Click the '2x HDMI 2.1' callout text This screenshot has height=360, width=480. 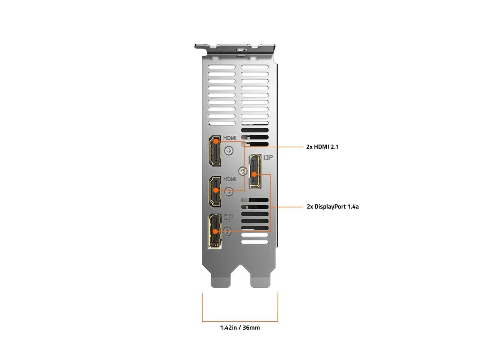coord(322,147)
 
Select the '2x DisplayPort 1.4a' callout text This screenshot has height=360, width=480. coord(332,207)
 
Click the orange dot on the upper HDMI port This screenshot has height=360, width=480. coord(216,141)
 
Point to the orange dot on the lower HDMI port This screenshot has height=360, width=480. coord(216,190)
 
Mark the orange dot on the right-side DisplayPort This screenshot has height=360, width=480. coord(254,174)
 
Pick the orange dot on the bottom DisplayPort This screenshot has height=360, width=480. coord(215,231)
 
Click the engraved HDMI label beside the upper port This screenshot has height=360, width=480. coord(230,138)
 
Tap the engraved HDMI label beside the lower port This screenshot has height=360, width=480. coord(230,179)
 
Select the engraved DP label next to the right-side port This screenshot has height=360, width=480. coord(268,157)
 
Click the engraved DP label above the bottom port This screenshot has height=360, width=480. coord(228,217)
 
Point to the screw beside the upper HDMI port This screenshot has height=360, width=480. coord(229,151)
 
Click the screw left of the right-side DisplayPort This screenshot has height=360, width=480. coord(243,171)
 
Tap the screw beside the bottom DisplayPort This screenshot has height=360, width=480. coord(227,231)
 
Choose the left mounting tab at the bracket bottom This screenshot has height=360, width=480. coord(220,282)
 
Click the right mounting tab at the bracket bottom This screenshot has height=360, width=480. coord(261,282)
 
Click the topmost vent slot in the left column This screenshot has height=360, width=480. coord(222,67)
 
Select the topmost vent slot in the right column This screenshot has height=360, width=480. coord(255,67)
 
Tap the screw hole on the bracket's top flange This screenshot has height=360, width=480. coord(242,49)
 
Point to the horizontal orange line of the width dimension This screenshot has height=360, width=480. coord(240,321)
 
